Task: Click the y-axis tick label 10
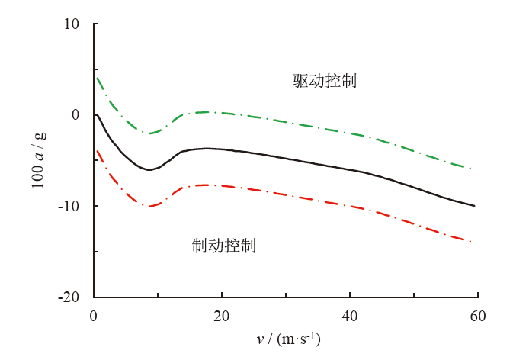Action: coord(72,24)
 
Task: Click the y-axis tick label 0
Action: coord(75,115)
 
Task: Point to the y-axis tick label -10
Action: coord(70,207)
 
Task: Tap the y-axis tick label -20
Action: coord(70,297)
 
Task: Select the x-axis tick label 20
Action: coord(221,314)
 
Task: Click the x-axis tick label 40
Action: coord(349,314)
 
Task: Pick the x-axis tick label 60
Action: coord(477,314)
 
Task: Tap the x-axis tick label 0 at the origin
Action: coord(94,314)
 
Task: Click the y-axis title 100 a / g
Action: coord(39,160)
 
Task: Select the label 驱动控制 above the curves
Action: coord(325,81)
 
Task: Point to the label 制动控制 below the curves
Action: coord(223,246)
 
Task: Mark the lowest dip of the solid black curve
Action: coord(149,169)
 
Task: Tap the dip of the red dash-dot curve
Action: coord(150,206)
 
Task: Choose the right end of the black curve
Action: coord(475,206)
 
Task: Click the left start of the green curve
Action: coord(97,78)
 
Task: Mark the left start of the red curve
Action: coord(97,151)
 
